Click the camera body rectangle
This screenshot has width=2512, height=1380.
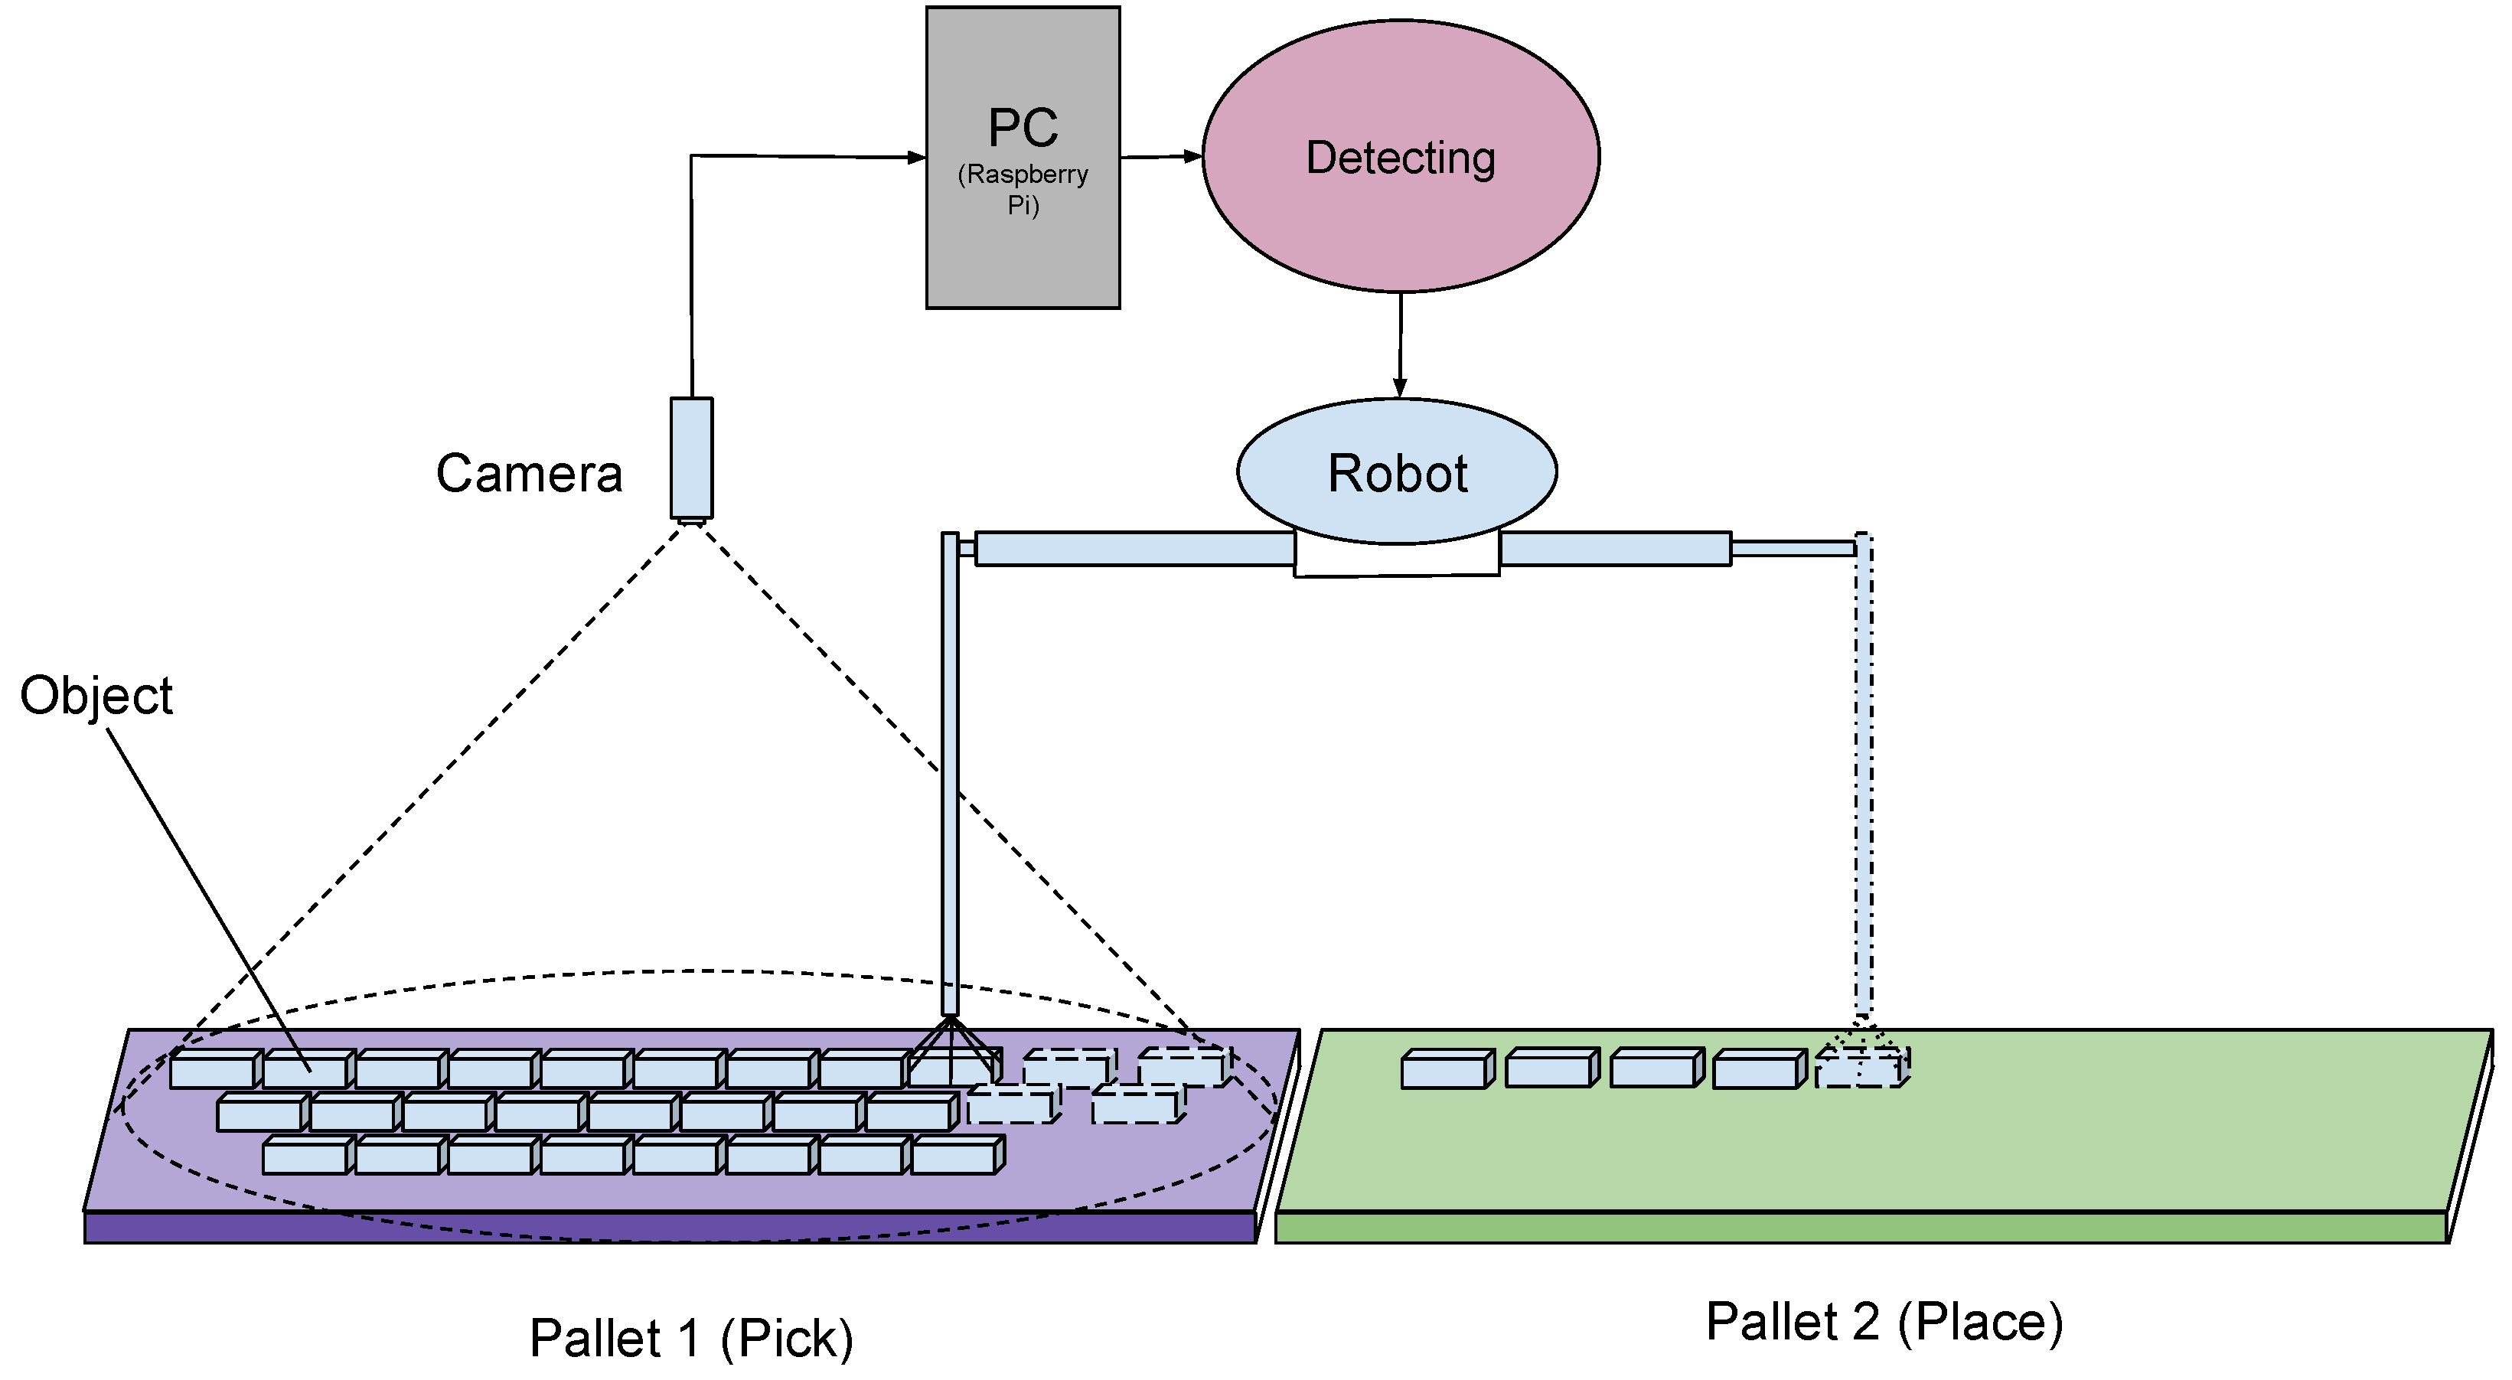pyautogui.click(x=691, y=458)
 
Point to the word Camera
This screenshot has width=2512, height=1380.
pyautogui.click(x=529, y=474)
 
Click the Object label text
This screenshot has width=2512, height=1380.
pyautogui.click(x=96, y=696)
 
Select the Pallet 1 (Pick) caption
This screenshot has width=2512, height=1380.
pyautogui.click(x=690, y=1337)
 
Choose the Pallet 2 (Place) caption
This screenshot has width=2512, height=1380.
pyautogui.click(x=1884, y=1322)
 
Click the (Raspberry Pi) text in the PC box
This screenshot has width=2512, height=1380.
pyautogui.click(x=1023, y=188)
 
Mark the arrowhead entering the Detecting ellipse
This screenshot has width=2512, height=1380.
pyautogui.click(x=1192, y=156)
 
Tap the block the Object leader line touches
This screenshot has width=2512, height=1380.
pyautogui.click(x=306, y=1071)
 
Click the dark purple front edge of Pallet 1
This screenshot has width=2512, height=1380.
pyautogui.click(x=669, y=1228)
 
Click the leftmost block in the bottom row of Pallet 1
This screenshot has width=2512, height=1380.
pyautogui.click(x=305, y=1157)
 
